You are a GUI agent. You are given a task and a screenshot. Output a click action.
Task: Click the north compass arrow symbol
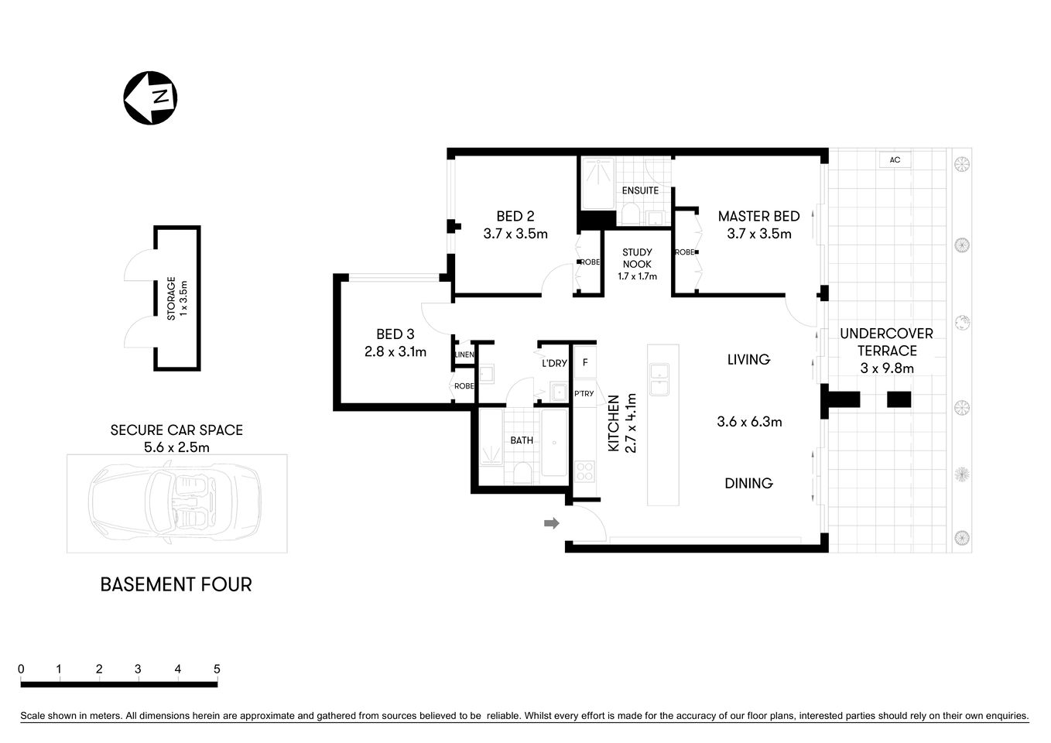[x=151, y=98]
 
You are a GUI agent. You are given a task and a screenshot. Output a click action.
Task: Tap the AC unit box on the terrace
[x=895, y=160]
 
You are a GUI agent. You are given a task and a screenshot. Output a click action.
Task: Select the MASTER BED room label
[x=758, y=217]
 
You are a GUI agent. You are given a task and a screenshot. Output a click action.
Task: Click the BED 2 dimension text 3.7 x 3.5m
[x=515, y=234]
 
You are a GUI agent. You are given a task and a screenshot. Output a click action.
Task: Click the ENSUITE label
[x=640, y=190]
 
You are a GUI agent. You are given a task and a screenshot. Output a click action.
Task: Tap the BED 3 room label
[x=395, y=334]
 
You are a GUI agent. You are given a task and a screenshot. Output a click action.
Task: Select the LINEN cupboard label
[x=464, y=355]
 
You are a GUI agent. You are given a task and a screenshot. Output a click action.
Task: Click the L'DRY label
[x=554, y=363]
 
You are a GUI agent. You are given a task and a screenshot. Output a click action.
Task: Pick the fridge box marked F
[x=585, y=363]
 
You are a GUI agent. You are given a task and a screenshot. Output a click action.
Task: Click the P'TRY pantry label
[x=584, y=394]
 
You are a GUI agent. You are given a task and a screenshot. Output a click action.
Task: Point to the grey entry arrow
[x=551, y=524]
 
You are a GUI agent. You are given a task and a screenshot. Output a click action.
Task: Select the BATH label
[x=522, y=440]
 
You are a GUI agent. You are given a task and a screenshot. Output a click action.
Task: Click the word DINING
[x=748, y=484]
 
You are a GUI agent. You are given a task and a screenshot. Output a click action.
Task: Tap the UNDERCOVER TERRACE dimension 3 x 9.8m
[x=887, y=368]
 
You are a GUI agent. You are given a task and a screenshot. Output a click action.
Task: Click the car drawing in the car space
[x=176, y=503]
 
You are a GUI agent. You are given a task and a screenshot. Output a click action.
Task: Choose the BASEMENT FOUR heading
[x=176, y=584]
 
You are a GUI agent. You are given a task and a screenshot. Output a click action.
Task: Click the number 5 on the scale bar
[x=217, y=669]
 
